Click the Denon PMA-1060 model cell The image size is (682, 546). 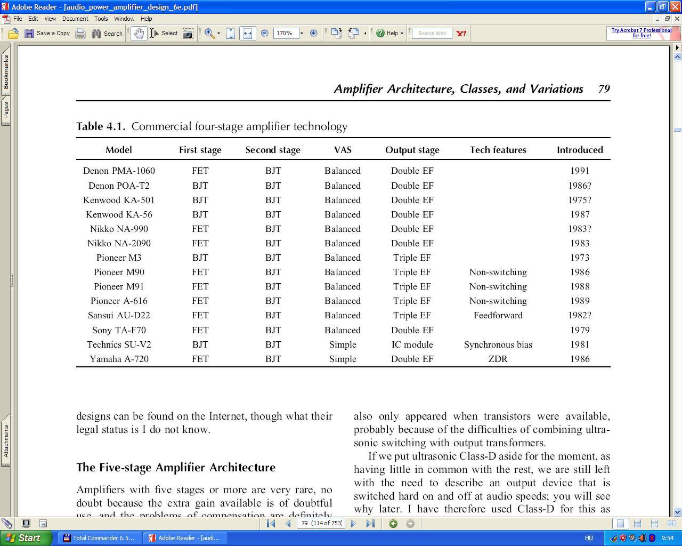119,171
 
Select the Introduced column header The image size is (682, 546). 580,150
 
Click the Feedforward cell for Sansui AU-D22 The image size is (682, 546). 498,315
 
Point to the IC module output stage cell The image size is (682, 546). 412,344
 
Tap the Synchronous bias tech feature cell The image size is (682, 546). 498,344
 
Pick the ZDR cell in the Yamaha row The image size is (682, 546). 498,359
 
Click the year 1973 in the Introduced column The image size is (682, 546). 580,258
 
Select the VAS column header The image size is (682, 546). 343,150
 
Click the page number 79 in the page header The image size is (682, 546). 604,89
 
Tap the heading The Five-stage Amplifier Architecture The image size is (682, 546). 176,468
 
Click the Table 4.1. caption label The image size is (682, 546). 101,126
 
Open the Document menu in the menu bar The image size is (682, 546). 75,19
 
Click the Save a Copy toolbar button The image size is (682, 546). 47,33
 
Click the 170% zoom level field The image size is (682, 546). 285,33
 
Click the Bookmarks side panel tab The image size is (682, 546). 6,72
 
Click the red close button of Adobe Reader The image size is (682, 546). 675,7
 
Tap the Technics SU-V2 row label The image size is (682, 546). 119,344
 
